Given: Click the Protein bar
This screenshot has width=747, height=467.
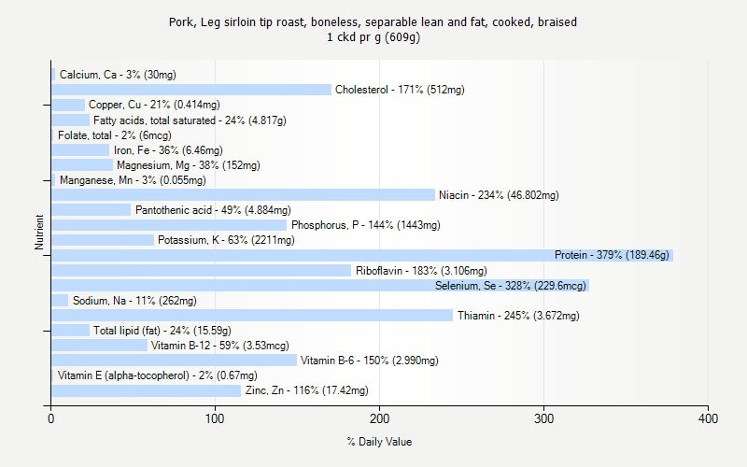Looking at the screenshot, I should [362, 255].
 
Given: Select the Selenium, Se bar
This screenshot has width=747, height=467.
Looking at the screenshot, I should [320, 285].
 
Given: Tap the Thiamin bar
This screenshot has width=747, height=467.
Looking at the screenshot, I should [252, 315].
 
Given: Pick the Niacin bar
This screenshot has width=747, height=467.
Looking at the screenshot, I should [243, 195].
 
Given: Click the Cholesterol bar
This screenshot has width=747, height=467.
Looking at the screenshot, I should [191, 90].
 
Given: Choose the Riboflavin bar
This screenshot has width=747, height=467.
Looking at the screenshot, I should [202, 270].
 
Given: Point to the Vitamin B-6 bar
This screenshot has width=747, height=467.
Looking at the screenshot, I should [175, 361].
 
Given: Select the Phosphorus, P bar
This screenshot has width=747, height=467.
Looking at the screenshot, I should [169, 225].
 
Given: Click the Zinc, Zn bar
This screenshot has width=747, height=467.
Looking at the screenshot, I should [147, 390].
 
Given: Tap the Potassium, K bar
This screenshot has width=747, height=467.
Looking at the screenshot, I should [103, 240].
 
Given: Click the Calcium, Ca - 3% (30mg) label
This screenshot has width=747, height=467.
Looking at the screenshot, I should [118, 75].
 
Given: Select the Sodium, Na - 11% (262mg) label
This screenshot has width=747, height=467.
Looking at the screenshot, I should [134, 301].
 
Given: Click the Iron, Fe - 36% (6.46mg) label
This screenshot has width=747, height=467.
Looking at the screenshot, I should [168, 150].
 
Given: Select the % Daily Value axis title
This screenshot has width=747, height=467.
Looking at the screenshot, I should [379, 442].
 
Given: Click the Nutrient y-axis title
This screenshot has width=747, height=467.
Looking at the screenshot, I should [39, 233].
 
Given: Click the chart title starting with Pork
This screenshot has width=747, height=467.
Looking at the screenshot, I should [379, 21].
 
